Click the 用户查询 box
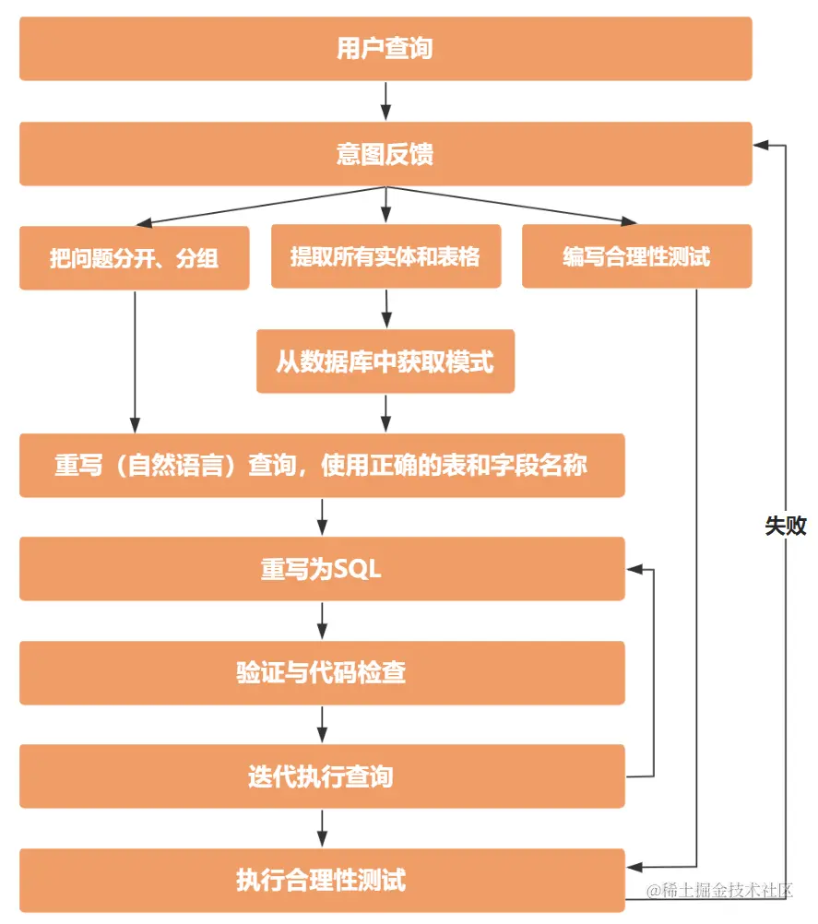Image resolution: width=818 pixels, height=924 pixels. coord(385,49)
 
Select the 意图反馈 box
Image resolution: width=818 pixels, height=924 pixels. coord(385,153)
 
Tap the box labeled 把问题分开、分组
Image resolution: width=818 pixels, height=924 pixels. coord(135,258)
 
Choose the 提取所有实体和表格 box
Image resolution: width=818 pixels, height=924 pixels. coord(385,256)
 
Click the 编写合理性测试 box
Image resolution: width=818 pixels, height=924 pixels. coord(636,256)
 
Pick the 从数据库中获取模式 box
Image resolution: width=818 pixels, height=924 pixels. coord(385,361)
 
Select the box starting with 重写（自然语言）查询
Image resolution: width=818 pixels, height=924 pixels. coord(322,466)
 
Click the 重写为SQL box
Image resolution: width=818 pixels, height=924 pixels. coord(322,569)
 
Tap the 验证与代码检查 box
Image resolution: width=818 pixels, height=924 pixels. coord(322,673)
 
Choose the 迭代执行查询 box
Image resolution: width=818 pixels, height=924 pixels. coord(322,776)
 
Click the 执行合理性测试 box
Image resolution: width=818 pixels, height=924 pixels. coord(322,880)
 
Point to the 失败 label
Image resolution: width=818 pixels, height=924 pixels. coord(785,526)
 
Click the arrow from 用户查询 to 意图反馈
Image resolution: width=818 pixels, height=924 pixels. coord(385,101)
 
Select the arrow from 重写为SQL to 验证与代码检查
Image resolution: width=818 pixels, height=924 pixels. coord(322,621)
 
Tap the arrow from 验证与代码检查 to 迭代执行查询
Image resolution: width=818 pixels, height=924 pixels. coord(322,725)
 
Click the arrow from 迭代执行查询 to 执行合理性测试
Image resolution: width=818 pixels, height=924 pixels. coord(322,828)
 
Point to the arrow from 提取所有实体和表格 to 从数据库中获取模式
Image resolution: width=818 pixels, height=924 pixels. coord(385,309)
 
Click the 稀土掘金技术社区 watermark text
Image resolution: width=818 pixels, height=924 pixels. coord(719,891)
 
